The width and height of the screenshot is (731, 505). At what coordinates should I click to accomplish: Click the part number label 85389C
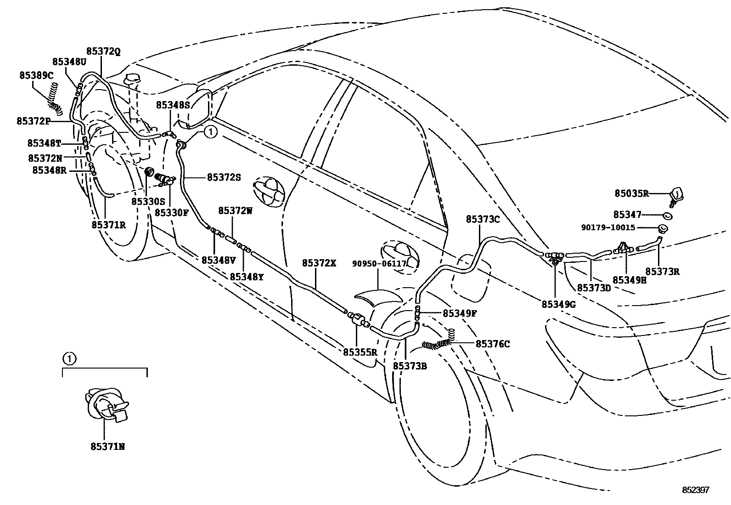pos(36,75)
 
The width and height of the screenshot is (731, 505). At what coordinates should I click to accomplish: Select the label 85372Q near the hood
pos(103,51)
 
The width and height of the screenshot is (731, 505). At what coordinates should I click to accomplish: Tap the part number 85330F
pos(171,213)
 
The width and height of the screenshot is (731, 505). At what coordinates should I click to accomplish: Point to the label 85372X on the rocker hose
pos(319,263)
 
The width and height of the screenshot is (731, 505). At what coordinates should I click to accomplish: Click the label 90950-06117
pos(379,264)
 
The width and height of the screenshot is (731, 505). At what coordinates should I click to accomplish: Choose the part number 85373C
pos(483,220)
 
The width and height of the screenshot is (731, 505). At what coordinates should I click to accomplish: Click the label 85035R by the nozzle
pos(631,193)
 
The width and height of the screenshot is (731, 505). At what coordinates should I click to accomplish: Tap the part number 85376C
pos(493,344)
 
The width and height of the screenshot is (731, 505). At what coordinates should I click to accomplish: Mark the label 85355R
pos(360,352)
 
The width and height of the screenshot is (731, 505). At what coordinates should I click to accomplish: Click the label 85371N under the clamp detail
pos(107,446)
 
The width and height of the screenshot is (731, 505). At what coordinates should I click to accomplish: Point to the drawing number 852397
pos(695,490)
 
